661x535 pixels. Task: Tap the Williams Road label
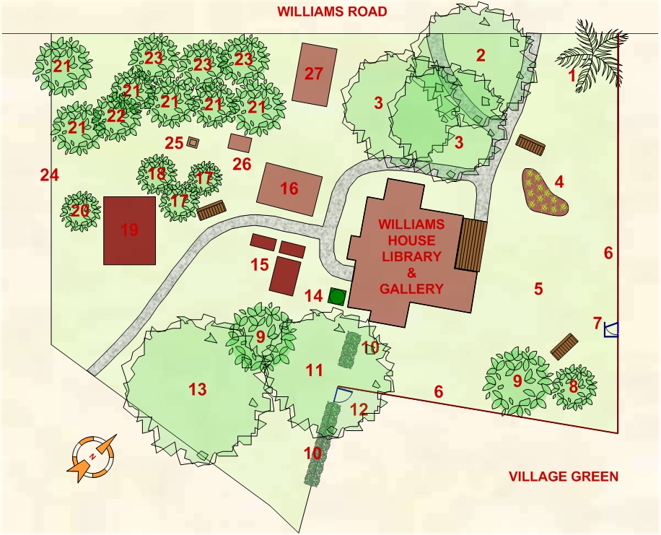coord(333,12)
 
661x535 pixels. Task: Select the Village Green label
coord(563,477)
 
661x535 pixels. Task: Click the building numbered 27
coord(315,73)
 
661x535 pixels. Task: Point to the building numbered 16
coord(289,188)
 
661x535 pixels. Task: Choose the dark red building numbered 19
coord(130,230)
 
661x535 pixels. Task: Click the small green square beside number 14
coord(335,295)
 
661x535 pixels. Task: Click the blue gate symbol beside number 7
coord(611,329)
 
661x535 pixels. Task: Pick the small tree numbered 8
coord(574,388)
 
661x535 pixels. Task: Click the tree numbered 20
coord(79,211)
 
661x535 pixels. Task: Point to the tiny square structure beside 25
coord(192,142)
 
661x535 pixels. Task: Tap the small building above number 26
coord(240,142)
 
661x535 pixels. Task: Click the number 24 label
coord(49,175)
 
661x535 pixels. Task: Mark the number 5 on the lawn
coord(538,289)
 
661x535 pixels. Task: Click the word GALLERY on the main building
coord(412,289)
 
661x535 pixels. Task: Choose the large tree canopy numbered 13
coord(197,390)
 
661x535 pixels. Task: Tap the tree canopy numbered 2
coord(480,55)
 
